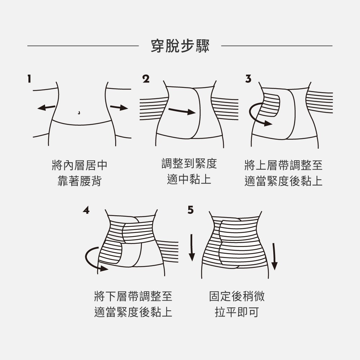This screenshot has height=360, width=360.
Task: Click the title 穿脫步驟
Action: pyautogui.click(x=180, y=46)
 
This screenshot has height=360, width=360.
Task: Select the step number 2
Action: pyautogui.click(x=145, y=79)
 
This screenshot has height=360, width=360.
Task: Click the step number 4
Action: pyautogui.click(x=86, y=210)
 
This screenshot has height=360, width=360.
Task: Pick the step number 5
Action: pyautogui.click(x=190, y=210)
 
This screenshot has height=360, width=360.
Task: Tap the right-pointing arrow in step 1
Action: pyautogui.click(x=119, y=107)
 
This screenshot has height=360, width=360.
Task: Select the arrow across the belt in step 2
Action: pyautogui.click(x=182, y=111)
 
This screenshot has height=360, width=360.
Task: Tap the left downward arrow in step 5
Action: pyautogui.click(x=192, y=247)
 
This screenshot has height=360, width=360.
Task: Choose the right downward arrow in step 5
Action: pyautogui.click(x=275, y=256)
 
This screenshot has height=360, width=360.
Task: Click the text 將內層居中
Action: pyautogui.click(x=80, y=166)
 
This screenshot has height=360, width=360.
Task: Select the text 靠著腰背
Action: pyautogui.click(x=80, y=181)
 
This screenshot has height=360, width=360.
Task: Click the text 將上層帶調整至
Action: pyautogui.click(x=283, y=166)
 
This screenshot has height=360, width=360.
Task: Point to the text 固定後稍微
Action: pyautogui.click(x=237, y=296)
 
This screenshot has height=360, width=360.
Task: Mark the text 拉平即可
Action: pyautogui.click(x=237, y=312)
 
